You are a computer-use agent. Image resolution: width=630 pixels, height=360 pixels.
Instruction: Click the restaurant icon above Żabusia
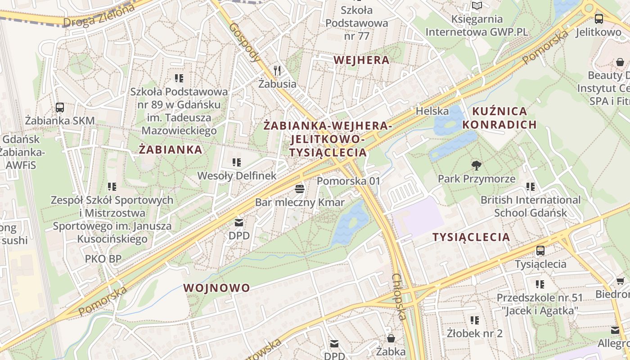click(x=277, y=71)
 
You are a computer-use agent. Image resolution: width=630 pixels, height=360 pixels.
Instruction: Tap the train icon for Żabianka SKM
click(x=60, y=108)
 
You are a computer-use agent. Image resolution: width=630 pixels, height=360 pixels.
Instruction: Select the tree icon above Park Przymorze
click(x=476, y=166)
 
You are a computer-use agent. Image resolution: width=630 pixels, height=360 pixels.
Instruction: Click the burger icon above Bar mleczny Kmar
click(x=300, y=189)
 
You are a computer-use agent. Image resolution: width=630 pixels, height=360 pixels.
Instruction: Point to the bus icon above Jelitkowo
click(x=598, y=19)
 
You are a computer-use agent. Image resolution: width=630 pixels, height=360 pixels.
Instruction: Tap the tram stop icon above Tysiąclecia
click(x=540, y=251)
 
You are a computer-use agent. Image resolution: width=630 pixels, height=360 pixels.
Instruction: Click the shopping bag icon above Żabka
click(x=391, y=338)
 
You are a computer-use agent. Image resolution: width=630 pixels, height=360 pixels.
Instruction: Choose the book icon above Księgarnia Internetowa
click(x=477, y=6)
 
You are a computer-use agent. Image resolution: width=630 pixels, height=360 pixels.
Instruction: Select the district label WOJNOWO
click(x=216, y=288)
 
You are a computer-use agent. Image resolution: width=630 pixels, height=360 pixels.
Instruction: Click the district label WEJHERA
click(x=361, y=60)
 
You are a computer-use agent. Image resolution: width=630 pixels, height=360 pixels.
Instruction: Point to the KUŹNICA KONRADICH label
click(x=499, y=118)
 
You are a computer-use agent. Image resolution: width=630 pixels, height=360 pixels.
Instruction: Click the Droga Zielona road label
click(x=99, y=16)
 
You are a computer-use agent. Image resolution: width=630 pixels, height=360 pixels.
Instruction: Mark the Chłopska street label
click(x=399, y=297)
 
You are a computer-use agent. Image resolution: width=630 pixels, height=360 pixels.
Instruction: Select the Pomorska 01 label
click(x=349, y=181)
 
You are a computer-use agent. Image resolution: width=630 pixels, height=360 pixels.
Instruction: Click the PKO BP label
click(x=103, y=259)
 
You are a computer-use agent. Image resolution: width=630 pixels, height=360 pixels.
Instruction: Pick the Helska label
click(x=432, y=111)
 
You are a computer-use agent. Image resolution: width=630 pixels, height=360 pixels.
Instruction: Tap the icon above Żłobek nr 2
click(x=474, y=320)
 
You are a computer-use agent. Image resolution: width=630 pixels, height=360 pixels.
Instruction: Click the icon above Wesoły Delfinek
click(x=236, y=162)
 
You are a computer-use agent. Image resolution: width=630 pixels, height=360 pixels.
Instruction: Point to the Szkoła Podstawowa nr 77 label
click(x=356, y=22)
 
